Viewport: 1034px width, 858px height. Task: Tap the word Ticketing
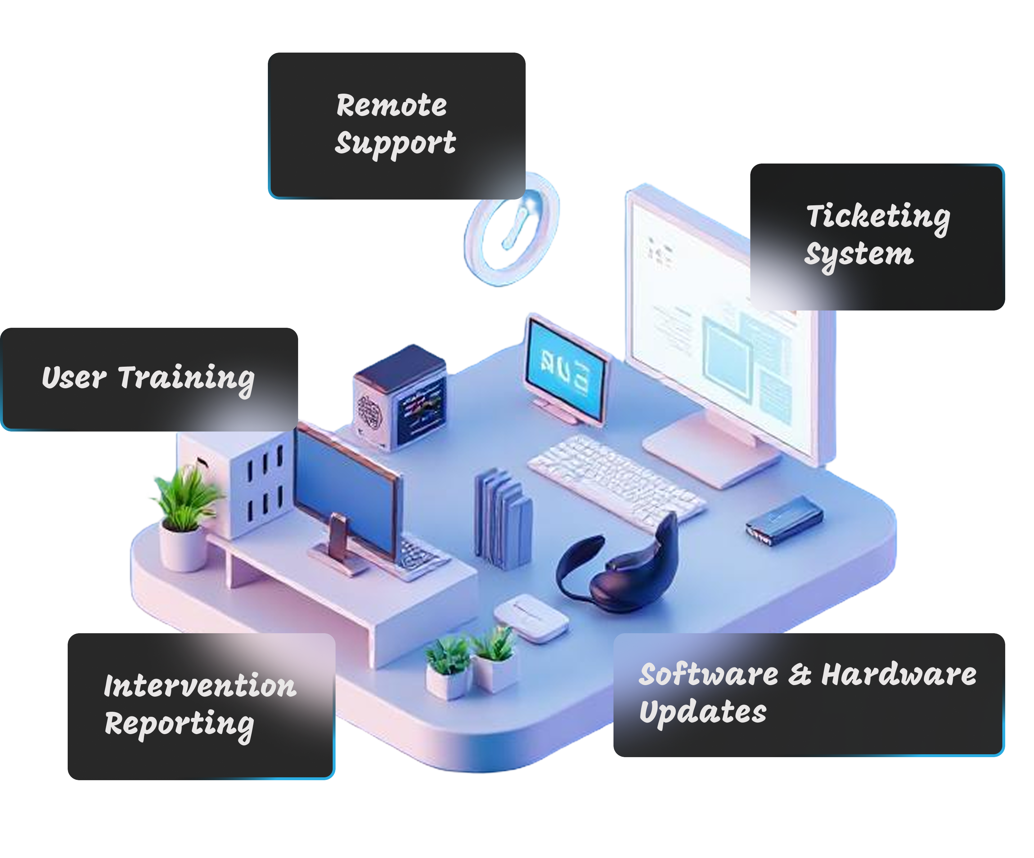[878, 217]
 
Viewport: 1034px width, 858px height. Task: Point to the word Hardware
[899, 674]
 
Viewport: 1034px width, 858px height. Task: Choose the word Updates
[703, 712]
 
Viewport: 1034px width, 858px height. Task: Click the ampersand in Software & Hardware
[799, 675]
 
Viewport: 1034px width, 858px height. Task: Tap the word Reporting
[179, 724]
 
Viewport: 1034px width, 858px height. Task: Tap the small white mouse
[531, 618]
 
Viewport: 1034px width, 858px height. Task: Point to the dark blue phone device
[784, 520]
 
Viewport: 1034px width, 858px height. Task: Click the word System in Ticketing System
[859, 255]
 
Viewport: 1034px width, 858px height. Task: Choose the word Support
[395, 143]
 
